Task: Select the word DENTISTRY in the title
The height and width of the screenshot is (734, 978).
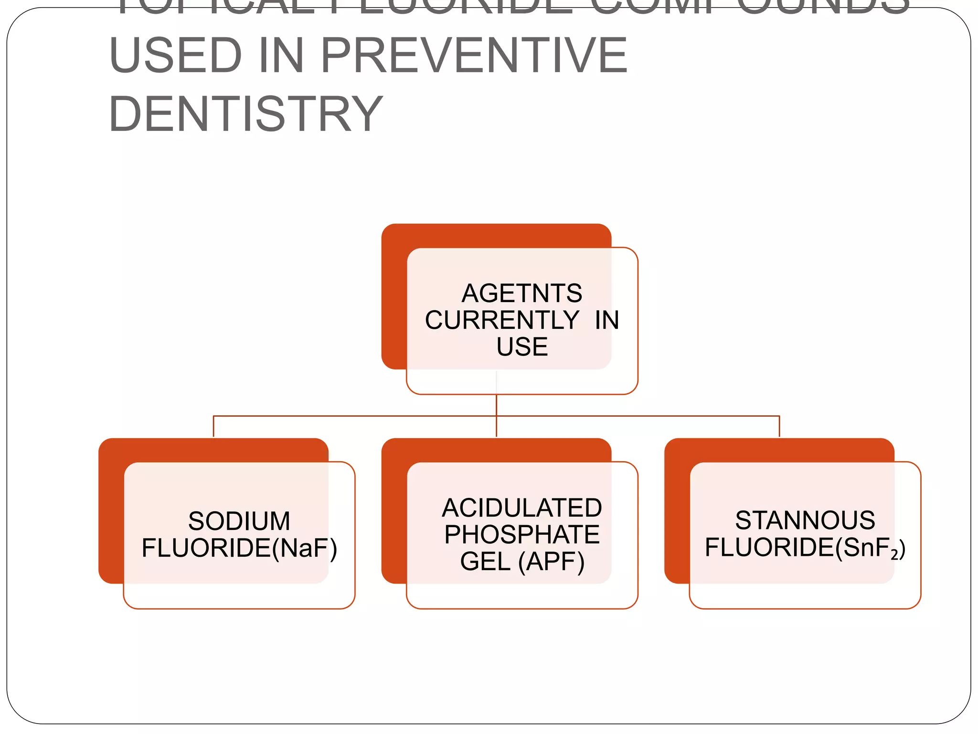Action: click(246, 114)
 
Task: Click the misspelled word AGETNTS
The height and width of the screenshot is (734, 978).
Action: click(522, 293)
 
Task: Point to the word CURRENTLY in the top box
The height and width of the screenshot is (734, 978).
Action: click(502, 320)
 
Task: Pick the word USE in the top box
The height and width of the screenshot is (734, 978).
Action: click(522, 346)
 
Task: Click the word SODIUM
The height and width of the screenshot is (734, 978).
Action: click(239, 521)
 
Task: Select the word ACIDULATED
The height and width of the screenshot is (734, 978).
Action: click(522, 507)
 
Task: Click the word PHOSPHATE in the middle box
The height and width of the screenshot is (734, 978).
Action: click(522, 534)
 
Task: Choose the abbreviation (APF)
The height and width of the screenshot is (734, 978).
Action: click(552, 561)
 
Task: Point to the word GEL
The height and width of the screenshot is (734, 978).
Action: click(485, 561)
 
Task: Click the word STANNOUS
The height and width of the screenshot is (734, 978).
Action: click(805, 520)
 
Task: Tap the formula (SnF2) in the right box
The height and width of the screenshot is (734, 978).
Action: click(870, 548)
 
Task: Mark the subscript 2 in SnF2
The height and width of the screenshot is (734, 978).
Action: click(894, 554)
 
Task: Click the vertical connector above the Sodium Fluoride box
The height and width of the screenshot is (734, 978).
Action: click(213, 426)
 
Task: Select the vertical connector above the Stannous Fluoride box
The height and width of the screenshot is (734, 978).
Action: click(779, 426)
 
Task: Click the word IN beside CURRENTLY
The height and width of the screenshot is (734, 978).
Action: click(607, 320)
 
